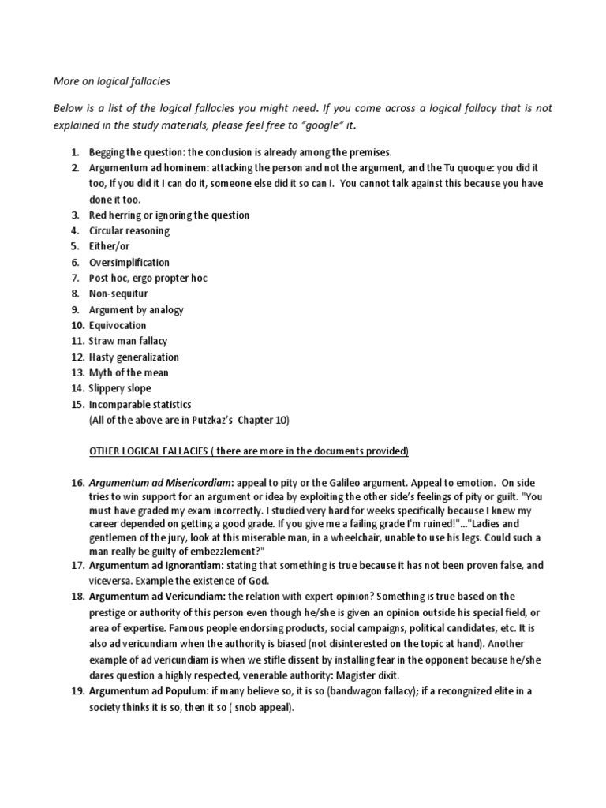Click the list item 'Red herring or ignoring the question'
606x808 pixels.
coord(169,215)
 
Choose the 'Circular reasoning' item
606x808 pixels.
coord(129,230)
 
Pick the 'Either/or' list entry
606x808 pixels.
coord(109,246)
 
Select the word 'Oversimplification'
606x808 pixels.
coord(129,262)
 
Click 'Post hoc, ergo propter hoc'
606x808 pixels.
coord(148,278)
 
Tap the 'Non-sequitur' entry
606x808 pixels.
coord(119,294)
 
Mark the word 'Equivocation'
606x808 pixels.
coord(118,325)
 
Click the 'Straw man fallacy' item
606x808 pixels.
coord(129,341)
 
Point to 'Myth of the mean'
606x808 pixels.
coord(129,372)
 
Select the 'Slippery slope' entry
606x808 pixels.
coord(120,388)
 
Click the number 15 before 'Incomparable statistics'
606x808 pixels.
coord(76,404)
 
